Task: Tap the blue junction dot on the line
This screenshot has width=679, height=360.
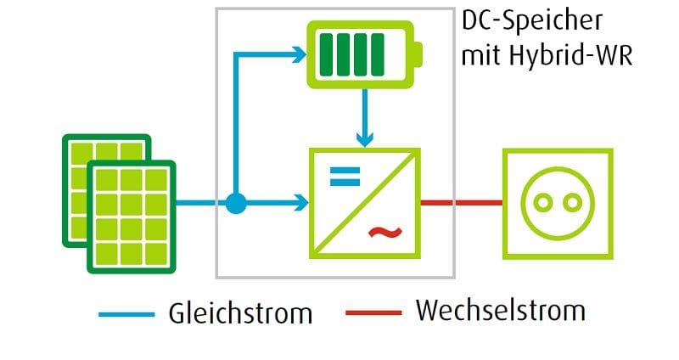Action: (236, 204)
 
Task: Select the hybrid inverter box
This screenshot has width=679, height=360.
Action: (363, 203)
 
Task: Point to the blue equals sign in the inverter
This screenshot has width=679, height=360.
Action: (344, 177)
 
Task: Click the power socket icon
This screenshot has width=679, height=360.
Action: (557, 203)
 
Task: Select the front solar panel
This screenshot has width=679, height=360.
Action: (132, 217)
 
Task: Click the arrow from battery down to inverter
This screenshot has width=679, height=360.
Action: (364, 115)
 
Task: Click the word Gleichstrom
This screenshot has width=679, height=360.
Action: (239, 312)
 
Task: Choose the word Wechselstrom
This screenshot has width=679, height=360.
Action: (500, 311)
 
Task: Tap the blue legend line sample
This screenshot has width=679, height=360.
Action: (126, 313)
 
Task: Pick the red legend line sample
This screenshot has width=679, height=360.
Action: (373, 312)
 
